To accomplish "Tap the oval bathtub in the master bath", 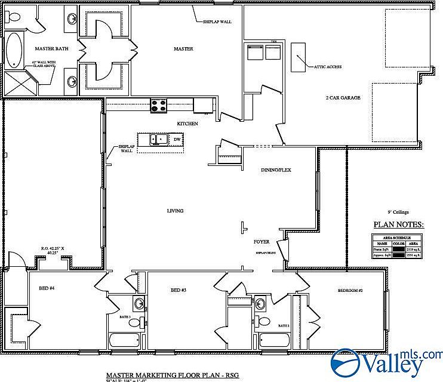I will [x=13, y=51].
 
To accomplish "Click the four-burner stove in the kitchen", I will [x=158, y=106].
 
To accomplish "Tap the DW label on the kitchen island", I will [x=177, y=139].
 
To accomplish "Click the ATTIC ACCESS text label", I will [x=328, y=67].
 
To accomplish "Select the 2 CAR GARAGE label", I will [x=343, y=97].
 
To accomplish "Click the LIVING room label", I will [x=175, y=211].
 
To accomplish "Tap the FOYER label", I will [x=262, y=241].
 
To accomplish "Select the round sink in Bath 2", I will [x=260, y=304].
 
